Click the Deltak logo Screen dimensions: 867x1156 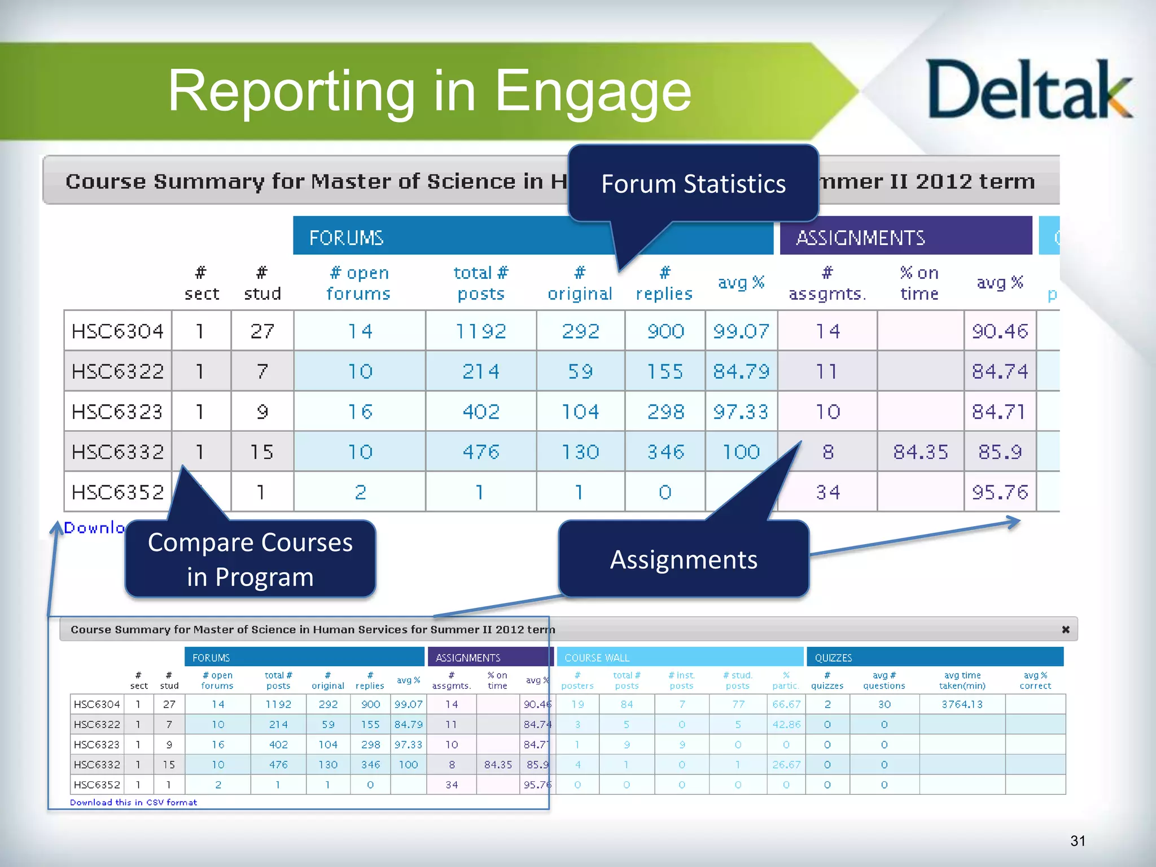tap(1028, 90)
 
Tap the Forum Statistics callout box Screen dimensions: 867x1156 tap(693, 184)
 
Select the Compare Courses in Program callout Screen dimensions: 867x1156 tap(250, 559)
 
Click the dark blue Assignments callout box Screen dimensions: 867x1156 tap(684, 559)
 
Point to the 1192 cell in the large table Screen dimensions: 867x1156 tap(481, 331)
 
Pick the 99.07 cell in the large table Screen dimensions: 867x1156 tap(741, 331)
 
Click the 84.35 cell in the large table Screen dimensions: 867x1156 tap(920, 452)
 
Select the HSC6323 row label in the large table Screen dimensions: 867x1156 tap(117, 411)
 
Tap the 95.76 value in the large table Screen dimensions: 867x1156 tap(1000, 492)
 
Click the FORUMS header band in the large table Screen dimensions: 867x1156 tap(429, 238)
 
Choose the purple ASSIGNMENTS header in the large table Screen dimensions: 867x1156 tap(905, 238)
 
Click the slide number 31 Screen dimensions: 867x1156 tap(1078, 841)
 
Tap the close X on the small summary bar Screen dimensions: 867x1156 tap(1066, 629)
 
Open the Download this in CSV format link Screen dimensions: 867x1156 tap(134, 802)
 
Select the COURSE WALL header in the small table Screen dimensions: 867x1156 tap(680, 658)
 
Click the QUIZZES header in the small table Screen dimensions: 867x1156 tap(935, 658)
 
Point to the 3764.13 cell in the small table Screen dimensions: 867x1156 tap(962, 704)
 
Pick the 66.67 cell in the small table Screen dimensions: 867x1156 tap(786, 704)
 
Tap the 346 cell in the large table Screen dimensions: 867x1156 tap(665, 452)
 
